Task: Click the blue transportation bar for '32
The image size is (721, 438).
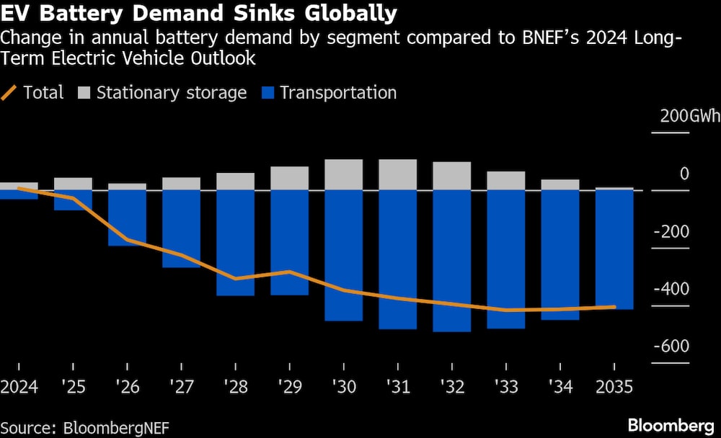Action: [x=451, y=261]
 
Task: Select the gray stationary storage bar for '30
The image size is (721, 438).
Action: [x=343, y=174]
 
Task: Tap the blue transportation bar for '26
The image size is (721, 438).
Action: [x=127, y=218]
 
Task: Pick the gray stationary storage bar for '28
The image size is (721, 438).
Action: [x=235, y=181]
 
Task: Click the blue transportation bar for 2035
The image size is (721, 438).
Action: [x=614, y=249]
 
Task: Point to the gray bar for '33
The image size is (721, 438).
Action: [x=506, y=180]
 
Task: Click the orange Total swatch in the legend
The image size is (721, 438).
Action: [x=10, y=93]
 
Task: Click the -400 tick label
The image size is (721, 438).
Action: [x=671, y=289]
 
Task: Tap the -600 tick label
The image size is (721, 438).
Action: [x=671, y=347]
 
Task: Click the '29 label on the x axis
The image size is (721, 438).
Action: [x=290, y=388]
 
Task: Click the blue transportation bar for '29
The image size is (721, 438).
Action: [x=290, y=243]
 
